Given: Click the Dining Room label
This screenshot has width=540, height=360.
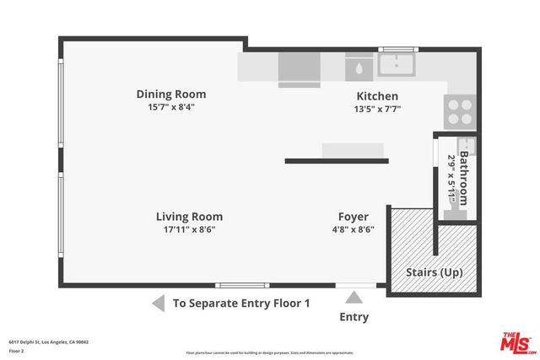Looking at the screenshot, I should tap(171, 94).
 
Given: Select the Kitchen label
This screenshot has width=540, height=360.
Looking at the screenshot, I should tap(376, 97).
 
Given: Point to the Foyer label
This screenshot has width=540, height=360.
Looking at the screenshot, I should tap(353, 217).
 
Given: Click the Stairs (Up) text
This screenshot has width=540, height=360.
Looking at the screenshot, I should tap(434, 272).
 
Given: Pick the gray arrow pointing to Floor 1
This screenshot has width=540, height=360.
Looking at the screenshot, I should tap(158, 303).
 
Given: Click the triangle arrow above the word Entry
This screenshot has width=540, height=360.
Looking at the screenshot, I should tap(354, 297).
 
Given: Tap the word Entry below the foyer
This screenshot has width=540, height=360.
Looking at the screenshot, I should tap(354, 317).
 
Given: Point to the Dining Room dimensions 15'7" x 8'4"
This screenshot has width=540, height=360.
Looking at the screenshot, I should tap(171, 107).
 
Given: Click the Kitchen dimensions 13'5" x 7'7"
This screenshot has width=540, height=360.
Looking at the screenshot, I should tap(376, 109).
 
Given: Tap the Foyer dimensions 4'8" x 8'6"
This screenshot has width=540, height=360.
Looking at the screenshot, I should tap(353, 229).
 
